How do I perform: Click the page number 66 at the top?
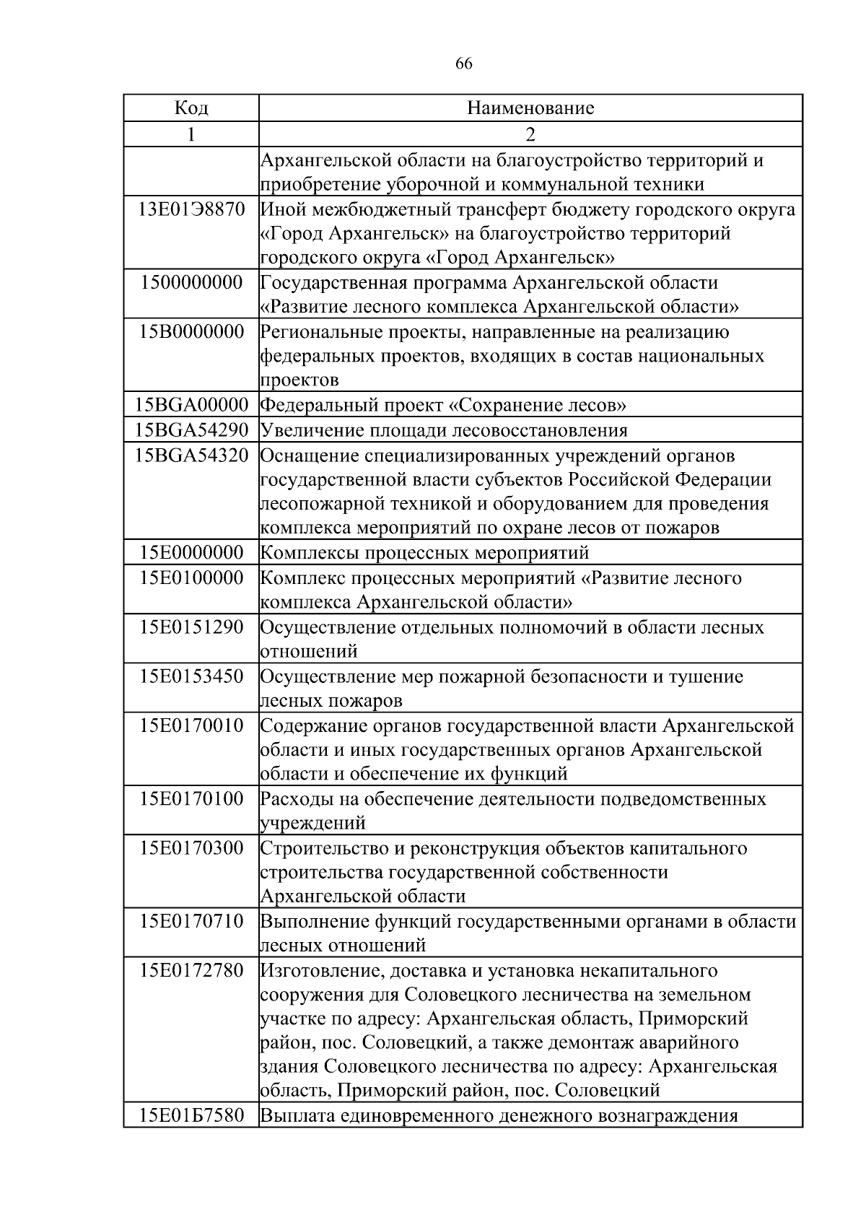[464, 64]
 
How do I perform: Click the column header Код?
[191, 108]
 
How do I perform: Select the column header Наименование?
[530, 108]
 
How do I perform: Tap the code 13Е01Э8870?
[191, 209]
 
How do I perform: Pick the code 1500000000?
[191, 282]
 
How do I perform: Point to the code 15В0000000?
[191, 331]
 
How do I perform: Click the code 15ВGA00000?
[191, 404]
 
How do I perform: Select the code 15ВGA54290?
[191, 430]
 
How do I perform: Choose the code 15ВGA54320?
[191, 455]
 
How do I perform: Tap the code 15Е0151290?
[191, 627]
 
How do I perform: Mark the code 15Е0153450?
[191, 676]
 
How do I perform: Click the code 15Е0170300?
[191, 847]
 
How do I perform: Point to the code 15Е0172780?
[191, 969]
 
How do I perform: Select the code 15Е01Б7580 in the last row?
[191, 1115]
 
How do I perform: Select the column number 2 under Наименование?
[530, 134]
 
